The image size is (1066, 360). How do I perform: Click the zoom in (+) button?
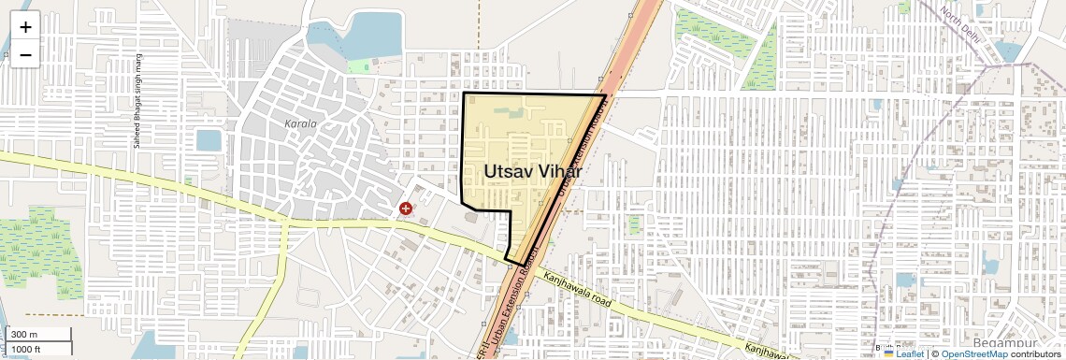pos(25,27)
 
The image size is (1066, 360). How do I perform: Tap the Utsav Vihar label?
pos(533,172)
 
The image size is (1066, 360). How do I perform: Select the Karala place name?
pos(301,123)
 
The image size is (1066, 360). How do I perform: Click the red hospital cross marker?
pos(406,209)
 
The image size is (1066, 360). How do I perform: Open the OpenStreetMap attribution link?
pos(973,353)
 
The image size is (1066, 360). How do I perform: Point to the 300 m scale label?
pos(24,335)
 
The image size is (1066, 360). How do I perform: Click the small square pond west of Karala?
pos(209,140)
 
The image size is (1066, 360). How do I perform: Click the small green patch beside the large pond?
pos(359,65)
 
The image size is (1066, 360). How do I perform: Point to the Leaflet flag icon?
pos(889,353)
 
